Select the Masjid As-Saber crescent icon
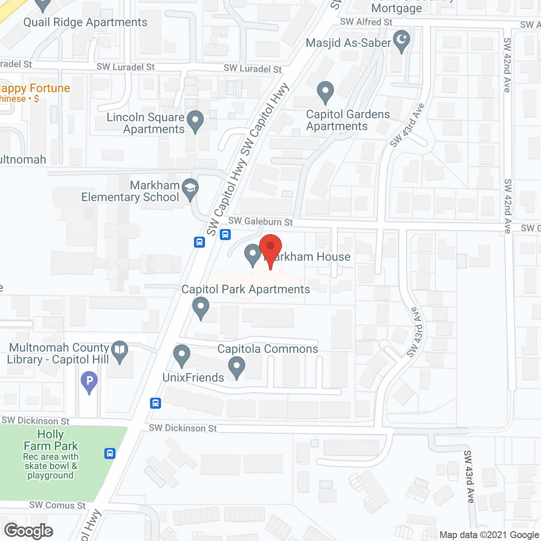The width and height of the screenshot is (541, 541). point(402,41)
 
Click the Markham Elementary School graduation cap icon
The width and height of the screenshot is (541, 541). point(190,188)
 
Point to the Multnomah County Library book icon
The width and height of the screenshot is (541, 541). point(120,351)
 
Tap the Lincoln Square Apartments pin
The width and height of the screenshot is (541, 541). point(195,120)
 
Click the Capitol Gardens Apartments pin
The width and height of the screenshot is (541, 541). point(325,91)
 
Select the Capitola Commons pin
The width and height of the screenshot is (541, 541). point(237,367)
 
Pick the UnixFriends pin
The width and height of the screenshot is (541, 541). point(182,355)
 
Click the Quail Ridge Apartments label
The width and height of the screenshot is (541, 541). point(85,22)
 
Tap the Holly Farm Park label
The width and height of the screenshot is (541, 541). point(51,440)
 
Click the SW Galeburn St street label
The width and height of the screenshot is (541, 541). point(260,221)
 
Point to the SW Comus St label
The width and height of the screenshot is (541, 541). point(57,505)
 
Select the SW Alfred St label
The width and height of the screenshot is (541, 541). point(366,22)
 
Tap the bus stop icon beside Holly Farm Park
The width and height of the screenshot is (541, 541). point(110,454)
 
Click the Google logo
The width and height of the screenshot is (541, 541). point(29,531)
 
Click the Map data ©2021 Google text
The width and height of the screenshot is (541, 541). point(489,535)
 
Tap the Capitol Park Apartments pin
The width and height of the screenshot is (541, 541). point(201,307)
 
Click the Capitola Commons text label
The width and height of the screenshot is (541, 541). point(268,349)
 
